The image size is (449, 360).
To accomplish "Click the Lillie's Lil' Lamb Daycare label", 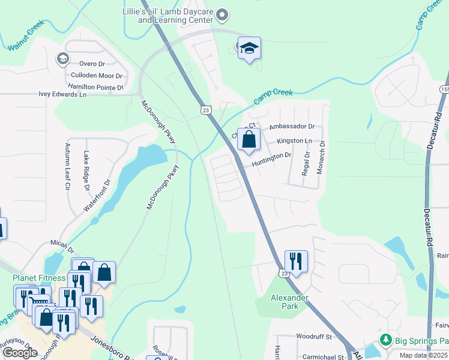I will pos(175,15).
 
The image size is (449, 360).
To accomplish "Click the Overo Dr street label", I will pos(92,64).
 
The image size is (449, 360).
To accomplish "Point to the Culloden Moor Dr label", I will pos(96,76).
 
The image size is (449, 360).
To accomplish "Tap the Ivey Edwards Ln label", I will pos(62,94).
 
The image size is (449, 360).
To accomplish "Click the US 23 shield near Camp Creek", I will pos(206,110).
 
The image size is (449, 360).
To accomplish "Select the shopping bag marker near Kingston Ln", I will pos(248,140).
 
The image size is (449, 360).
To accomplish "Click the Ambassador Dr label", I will pos(292,127).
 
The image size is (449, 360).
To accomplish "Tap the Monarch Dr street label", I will pos(322,157).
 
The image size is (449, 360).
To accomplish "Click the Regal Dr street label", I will pos(307,163).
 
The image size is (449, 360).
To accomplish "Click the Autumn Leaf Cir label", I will pos(68,167).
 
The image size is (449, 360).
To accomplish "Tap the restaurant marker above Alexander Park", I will pos(295,261).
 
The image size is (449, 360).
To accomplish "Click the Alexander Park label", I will pos(289,302).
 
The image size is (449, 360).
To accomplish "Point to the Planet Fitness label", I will pos(39,278).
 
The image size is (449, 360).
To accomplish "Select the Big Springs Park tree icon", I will pos(387,341).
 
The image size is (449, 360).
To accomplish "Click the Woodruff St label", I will pos(313,337).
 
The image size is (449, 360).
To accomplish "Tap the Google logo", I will pos(20,353).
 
